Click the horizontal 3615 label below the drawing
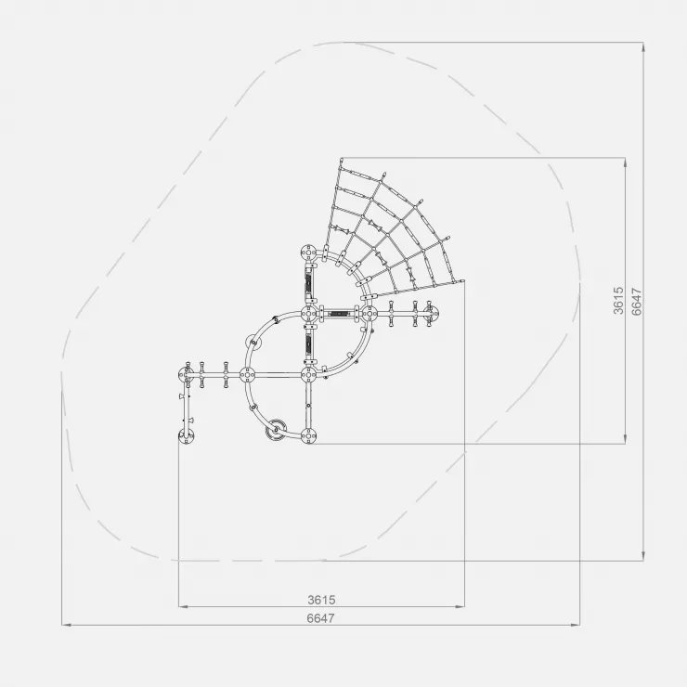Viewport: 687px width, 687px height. coord(321,600)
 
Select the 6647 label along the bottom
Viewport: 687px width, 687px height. coord(320,618)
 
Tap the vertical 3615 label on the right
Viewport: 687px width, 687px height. coord(618,301)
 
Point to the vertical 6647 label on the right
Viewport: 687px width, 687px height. coord(637,302)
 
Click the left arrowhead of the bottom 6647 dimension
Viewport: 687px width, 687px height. coord(66,625)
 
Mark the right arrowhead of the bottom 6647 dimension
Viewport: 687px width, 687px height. coord(576,625)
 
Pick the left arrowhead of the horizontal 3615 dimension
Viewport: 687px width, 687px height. coord(183,607)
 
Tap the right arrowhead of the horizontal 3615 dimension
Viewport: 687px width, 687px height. coord(460,607)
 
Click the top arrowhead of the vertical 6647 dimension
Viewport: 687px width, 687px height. coord(643,47)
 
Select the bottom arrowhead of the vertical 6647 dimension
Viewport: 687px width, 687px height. coord(643,556)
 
